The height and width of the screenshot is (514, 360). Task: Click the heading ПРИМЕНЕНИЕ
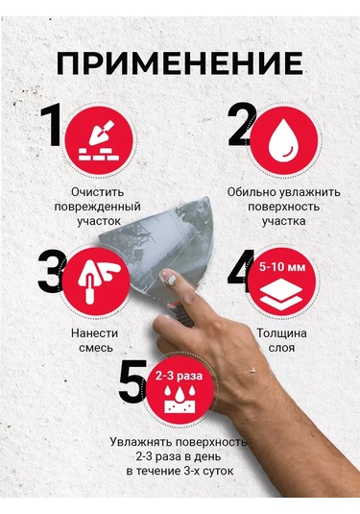180,62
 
